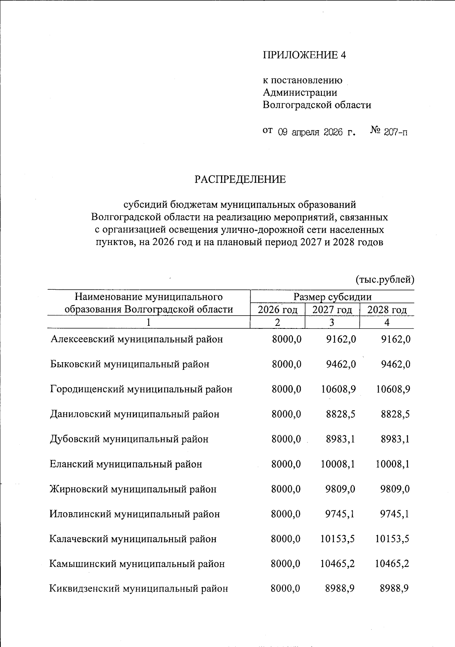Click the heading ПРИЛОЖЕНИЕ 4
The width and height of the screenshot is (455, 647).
coord(304,55)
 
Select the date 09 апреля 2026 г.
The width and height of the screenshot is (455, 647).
coord(316,133)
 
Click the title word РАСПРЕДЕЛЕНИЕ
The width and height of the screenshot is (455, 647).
coord(240,179)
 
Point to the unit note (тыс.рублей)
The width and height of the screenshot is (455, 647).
coord(385,280)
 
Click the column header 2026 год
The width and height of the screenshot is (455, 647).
coord(278,309)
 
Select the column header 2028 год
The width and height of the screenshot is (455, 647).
coord(387,309)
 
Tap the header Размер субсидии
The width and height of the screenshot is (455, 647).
coord(332,297)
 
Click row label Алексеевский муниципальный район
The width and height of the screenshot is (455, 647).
coord(136,339)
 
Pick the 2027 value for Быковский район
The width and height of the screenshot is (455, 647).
coord(341,364)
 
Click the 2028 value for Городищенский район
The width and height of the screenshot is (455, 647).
coord(393,389)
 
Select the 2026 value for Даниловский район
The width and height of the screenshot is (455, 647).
coord(286,414)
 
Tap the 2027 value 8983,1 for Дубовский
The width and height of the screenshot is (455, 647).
coord(340,439)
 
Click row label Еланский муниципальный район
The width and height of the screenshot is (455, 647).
coord(126,464)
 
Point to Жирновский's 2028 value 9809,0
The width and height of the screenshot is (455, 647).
coord(395,489)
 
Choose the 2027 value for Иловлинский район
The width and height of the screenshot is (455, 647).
coord(340,514)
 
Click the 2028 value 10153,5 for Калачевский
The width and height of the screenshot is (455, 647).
coord(392,539)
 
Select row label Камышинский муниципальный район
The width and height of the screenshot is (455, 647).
coord(137,564)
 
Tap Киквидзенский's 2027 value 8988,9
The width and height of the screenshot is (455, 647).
coord(340,589)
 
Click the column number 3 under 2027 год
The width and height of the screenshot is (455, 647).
coord(332,322)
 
